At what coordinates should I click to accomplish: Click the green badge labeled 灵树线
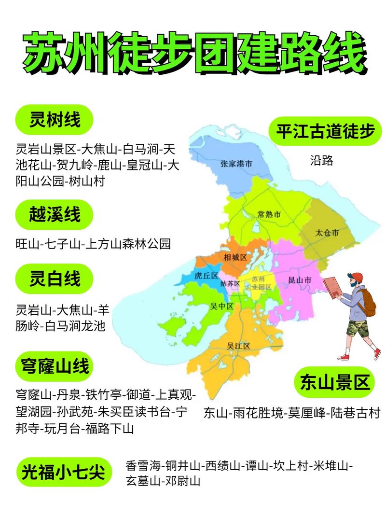pyautogui.click(x=54, y=119)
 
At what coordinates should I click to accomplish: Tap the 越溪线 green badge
pyautogui.click(x=54, y=215)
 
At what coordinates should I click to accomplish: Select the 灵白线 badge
pyautogui.click(x=54, y=279)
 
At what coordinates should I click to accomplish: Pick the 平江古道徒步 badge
pyautogui.click(x=326, y=132)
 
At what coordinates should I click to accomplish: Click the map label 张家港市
pyautogui.click(x=236, y=164)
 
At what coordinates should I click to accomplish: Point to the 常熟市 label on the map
pyautogui.click(x=269, y=214)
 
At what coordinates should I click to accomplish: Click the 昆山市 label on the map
pyautogui.click(x=299, y=280)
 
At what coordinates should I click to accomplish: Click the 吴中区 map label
pyautogui.click(x=221, y=306)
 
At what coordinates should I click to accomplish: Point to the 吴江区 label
pyautogui.click(x=238, y=346)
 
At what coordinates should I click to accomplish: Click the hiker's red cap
pyautogui.click(x=356, y=277)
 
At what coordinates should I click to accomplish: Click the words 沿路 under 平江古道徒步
pyautogui.click(x=321, y=160)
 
